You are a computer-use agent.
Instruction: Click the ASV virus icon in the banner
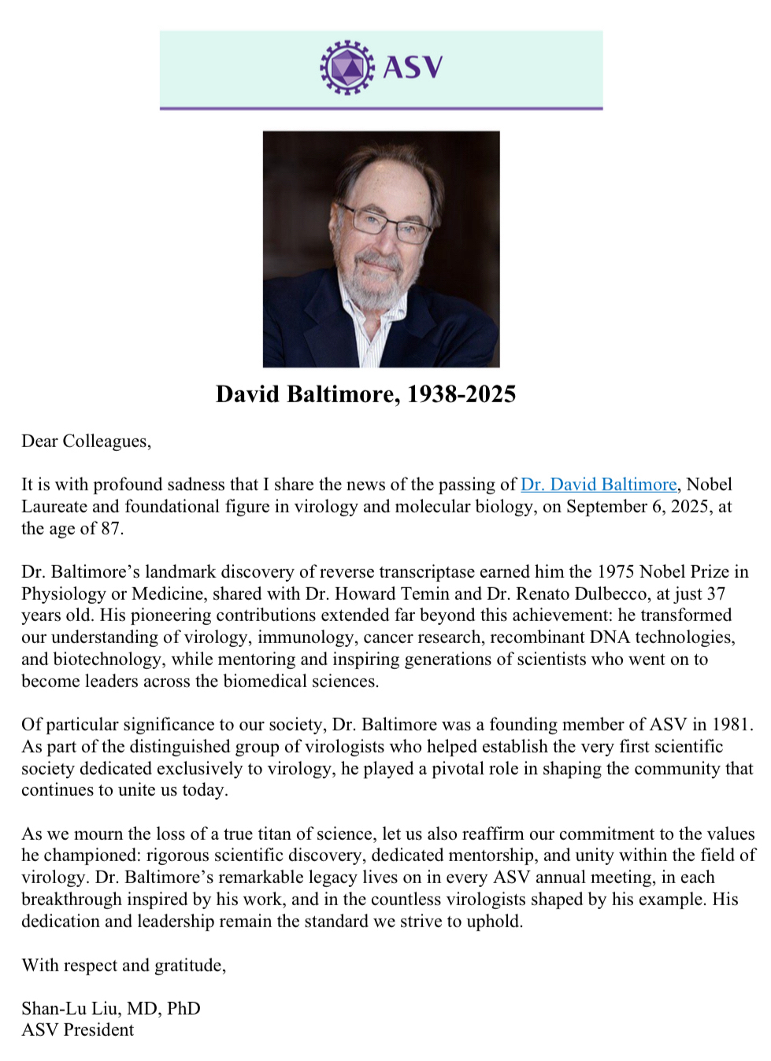pyautogui.click(x=347, y=68)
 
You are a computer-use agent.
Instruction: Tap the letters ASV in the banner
pyautogui.click(x=413, y=68)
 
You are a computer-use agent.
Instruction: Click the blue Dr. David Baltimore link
pyautogui.click(x=599, y=484)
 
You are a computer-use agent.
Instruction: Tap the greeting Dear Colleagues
pyautogui.click(x=86, y=441)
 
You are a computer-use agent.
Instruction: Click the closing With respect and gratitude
pyautogui.click(x=124, y=965)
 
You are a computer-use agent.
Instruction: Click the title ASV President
pyautogui.click(x=77, y=1030)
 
